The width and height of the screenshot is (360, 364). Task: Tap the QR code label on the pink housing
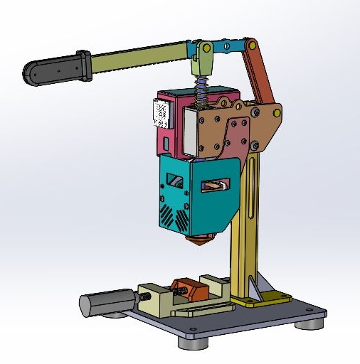pyautogui.click(x=161, y=112)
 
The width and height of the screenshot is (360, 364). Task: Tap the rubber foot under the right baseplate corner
pyautogui.click(x=308, y=324)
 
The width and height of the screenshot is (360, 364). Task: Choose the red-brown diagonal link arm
pyautogui.click(x=262, y=77)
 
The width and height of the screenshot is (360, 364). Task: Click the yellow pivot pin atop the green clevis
pyautogui.click(x=205, y=49)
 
